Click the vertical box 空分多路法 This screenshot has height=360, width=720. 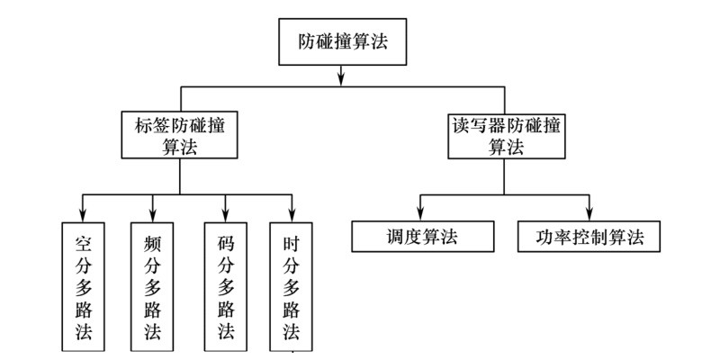(82, 286)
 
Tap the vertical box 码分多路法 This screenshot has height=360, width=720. (226, 286)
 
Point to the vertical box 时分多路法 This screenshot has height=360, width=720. (290, 286)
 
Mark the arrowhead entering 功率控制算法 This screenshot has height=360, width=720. (589, 214)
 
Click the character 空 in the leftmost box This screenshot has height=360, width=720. (82, 243)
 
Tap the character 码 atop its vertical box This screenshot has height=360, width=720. (226, 243)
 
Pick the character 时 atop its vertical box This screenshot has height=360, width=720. (290, 243)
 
